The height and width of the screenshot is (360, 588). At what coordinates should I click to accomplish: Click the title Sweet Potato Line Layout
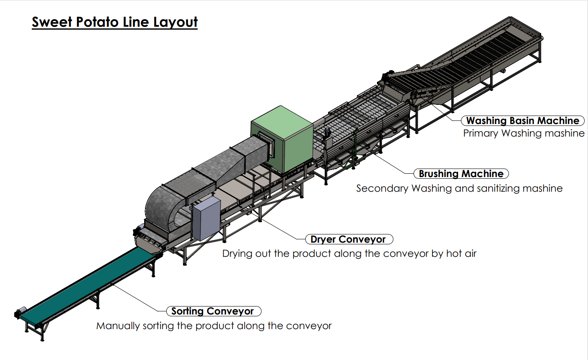115,22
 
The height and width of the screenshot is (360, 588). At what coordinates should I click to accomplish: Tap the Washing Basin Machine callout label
523,121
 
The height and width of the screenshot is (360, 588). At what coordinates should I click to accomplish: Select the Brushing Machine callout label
461,174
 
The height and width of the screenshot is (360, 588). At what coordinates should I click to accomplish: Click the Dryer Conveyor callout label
349,239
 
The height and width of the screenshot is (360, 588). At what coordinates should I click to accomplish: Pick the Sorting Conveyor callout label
214,311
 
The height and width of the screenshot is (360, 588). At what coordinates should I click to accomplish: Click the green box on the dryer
282,139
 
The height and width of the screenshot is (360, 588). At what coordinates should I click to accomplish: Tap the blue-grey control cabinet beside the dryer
206,218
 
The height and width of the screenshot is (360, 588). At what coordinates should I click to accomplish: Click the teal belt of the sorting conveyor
87,285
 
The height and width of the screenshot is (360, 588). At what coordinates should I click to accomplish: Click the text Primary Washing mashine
524,133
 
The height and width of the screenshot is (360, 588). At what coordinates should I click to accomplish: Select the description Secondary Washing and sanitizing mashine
459,188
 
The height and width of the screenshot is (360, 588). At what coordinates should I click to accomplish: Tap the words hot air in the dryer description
461,254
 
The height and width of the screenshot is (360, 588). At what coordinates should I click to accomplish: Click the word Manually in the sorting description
118,326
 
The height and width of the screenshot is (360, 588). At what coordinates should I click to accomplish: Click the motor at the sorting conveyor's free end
20,312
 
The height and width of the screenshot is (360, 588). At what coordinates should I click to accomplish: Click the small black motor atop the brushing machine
327,132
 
